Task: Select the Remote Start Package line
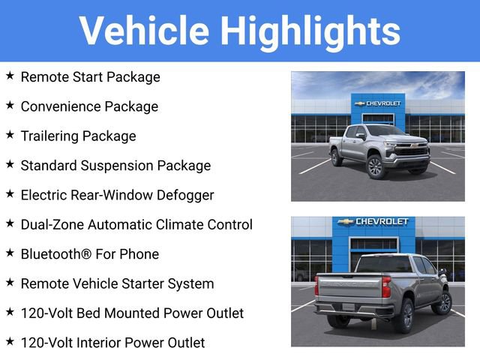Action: coord(90,76)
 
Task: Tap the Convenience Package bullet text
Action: coord(89,106)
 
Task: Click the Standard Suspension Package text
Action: coord(115,166)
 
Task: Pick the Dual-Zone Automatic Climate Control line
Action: coord(136,224)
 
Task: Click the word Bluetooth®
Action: coord(54,254)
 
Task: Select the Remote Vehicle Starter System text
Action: coord(117,283)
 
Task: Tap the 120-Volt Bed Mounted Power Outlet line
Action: coord(132,313)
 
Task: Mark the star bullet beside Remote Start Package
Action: coord(10,76)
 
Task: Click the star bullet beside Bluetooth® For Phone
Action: coord(10,253)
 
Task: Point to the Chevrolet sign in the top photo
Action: coord(378,103)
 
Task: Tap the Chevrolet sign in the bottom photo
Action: coord(372,222)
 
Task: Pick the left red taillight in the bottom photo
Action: coord(316,285)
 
